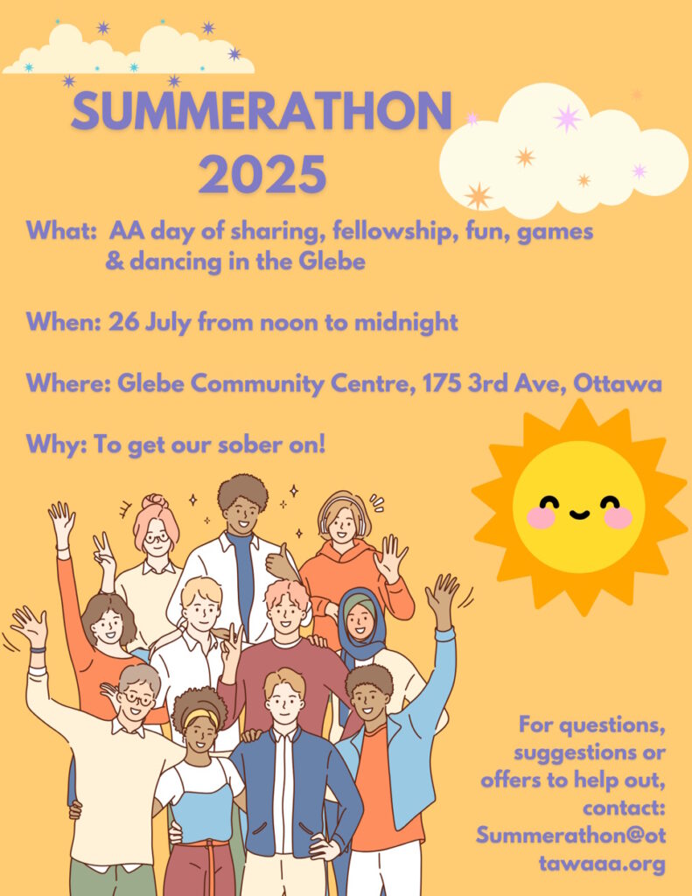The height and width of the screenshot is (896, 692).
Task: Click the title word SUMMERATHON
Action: [262, 110]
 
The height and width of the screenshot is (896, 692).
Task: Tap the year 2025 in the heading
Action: [262, 174]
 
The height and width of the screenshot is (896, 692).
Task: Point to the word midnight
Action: [406, 323]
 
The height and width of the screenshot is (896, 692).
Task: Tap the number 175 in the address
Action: [442, 383]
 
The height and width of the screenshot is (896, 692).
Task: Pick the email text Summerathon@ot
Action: [571, 835]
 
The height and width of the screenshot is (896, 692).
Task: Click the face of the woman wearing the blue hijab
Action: [360, 620]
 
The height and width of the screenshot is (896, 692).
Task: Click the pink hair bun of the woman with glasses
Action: [155, 501]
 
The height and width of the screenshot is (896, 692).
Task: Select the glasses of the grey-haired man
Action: [137, 698]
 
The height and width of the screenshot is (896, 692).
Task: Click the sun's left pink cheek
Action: [541, 517]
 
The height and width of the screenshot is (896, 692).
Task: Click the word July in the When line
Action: [167, 324]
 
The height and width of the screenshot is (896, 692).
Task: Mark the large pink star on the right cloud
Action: [567, 118]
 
